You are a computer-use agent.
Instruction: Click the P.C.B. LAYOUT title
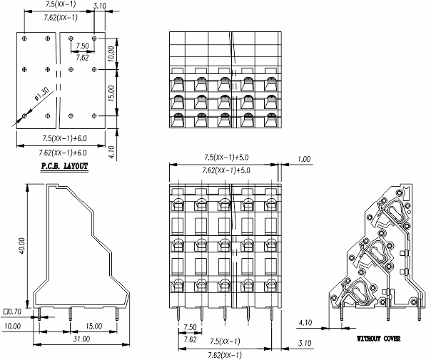(x=65, y=166)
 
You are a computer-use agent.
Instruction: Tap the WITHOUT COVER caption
(x=378, y=339)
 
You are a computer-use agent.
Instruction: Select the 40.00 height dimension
(x=21, y=246)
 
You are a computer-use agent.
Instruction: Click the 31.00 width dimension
(x=81, y=339)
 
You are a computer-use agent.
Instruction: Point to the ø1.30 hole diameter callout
(x=41, y=94)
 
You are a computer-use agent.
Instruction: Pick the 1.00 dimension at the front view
(x=304, y=159)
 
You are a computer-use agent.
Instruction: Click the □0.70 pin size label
(x=12, y=312)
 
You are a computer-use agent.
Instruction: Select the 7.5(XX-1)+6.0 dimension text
(x=64, y=138)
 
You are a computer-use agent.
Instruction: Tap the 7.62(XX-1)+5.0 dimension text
(x=226, y=170)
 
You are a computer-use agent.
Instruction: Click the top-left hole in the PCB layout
(x=24, y=38)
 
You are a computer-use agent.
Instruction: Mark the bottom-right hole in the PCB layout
(x=94, y=116)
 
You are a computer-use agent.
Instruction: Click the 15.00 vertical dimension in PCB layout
(x=111, y=93)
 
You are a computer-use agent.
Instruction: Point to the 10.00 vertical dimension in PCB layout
(x=111, y=53)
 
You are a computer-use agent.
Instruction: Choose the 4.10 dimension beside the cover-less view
(x=305, y=323)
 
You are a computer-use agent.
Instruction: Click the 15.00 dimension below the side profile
(x=94, y=326)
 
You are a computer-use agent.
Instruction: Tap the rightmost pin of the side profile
(x=117, y=314)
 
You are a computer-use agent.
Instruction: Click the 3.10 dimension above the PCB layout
(x=100, y=6)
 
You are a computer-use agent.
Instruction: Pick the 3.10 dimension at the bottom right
(x=305, y=343)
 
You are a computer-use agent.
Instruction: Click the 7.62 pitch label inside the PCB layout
(x=82, y=58)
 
